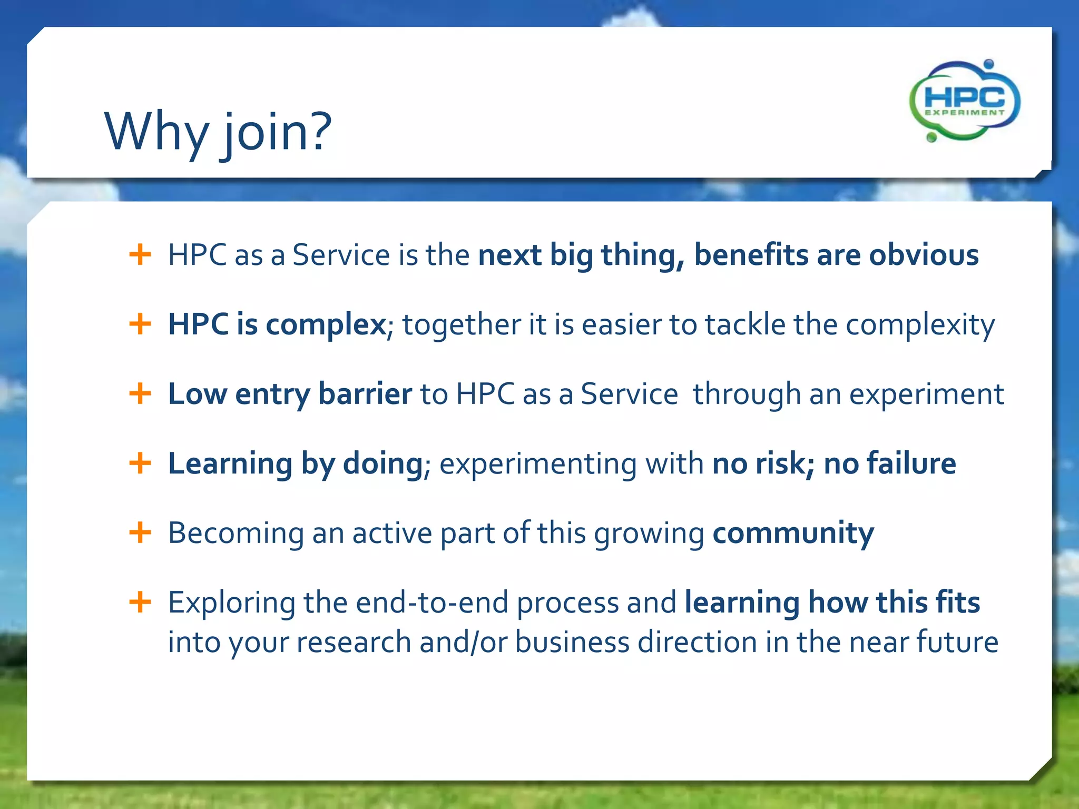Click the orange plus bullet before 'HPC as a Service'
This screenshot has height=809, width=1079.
point(140,255)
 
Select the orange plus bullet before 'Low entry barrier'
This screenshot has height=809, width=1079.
point(140,393)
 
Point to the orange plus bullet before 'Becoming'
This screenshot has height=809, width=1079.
point(140,532)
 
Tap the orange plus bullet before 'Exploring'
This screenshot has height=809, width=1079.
point(140,602)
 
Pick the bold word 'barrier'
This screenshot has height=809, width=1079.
point(365,394)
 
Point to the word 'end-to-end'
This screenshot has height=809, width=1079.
point(432,603)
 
